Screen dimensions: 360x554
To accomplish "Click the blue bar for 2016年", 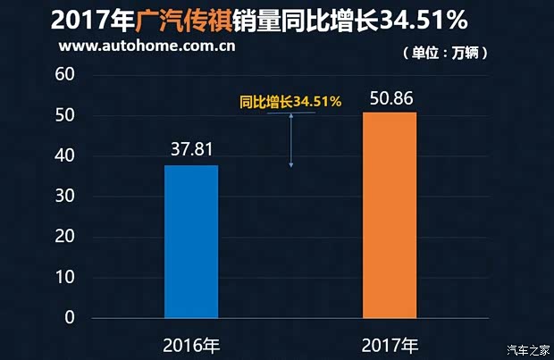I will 191,241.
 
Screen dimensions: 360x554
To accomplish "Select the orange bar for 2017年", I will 390,215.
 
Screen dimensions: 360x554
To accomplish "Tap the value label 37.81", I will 191,147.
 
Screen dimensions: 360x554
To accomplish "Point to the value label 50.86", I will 390,95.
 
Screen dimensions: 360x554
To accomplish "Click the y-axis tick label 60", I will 63,75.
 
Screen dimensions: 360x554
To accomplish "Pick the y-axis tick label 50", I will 63,116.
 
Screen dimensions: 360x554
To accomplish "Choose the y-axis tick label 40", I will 63,156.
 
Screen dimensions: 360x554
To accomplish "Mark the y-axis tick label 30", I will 63,197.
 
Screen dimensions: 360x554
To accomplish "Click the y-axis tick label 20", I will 63,238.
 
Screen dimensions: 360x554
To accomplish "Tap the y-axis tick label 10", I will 63,278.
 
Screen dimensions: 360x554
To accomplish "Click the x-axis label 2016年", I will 191,344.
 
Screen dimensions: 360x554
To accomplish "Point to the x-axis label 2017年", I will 390,344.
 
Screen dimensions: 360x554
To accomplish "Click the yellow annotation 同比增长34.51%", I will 290,102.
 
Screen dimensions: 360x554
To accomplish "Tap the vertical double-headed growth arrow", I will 291,139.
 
